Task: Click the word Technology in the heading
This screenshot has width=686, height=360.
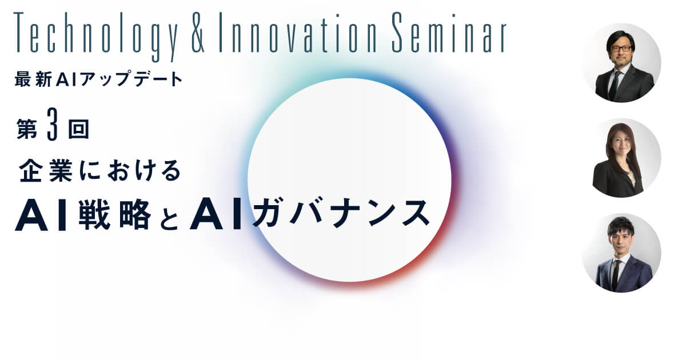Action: coord(95,36)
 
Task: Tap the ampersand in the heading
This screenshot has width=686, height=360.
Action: coord(198,33)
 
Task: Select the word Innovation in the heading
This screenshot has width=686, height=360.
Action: coord(298,33)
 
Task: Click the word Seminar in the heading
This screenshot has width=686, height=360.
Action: coord(449,33)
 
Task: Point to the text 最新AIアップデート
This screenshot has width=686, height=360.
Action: coord(98,79)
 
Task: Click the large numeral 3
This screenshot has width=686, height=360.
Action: coord(53,125)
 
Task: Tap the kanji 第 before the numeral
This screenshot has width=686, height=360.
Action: coord(27,129)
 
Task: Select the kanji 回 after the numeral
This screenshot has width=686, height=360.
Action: coord(78,129)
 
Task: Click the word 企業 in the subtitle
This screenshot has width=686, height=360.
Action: coord(45,170)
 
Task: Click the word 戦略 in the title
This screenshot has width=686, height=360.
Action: coord(115,214)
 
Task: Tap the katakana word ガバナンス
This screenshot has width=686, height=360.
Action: coord(341,213)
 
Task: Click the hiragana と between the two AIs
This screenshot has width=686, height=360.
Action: coord(169,218)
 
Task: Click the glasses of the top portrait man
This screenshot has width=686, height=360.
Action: coord(621,49)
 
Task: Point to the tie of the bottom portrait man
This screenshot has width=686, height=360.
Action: coord(616,274)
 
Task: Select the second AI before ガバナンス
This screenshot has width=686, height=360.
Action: coord(216,214)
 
